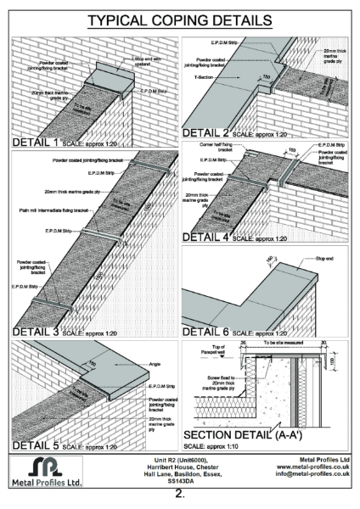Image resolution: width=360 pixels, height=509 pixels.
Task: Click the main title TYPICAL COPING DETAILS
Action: point(180,19)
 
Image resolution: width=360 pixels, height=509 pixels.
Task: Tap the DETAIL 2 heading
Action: point(212,132)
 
